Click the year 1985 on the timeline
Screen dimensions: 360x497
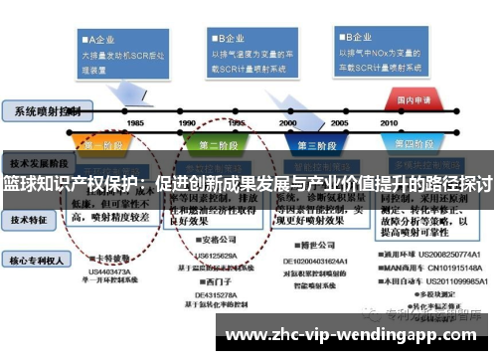135,122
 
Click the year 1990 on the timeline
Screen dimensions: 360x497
187,122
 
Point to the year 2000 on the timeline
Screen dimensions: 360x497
287,122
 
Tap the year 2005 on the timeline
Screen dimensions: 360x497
339,122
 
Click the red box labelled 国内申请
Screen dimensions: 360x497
414,99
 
